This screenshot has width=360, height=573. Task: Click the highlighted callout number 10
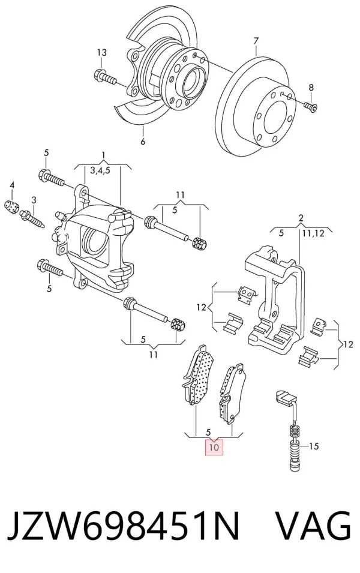[214, 447]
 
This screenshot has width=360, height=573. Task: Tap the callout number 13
[101, 53]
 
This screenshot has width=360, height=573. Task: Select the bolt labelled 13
[104, 77]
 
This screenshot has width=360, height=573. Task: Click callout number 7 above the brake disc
[256, 40]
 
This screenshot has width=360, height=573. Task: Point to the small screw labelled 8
[311, 106]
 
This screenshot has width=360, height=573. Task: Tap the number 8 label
[311, 88]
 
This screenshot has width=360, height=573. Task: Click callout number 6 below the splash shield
[143, 140]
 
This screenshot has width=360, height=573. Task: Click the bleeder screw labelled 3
[33, 218]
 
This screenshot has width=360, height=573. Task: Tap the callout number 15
[314, 446]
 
